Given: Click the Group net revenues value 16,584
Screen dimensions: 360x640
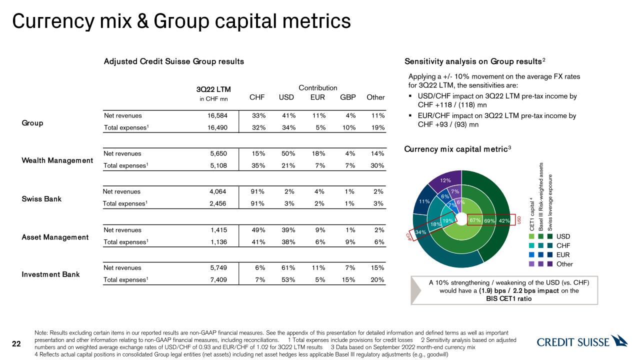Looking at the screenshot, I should [x=220, y=116].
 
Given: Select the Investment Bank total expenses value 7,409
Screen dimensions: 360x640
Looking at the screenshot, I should [x=220, y=279].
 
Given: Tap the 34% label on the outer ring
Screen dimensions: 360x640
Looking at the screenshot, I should [x=420, y=232].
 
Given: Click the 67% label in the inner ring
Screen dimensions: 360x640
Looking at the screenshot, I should [x=475, y=220].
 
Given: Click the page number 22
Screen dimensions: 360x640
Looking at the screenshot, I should [x=16, y=343].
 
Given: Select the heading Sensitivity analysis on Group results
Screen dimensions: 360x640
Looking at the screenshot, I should [x=474, y=61].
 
